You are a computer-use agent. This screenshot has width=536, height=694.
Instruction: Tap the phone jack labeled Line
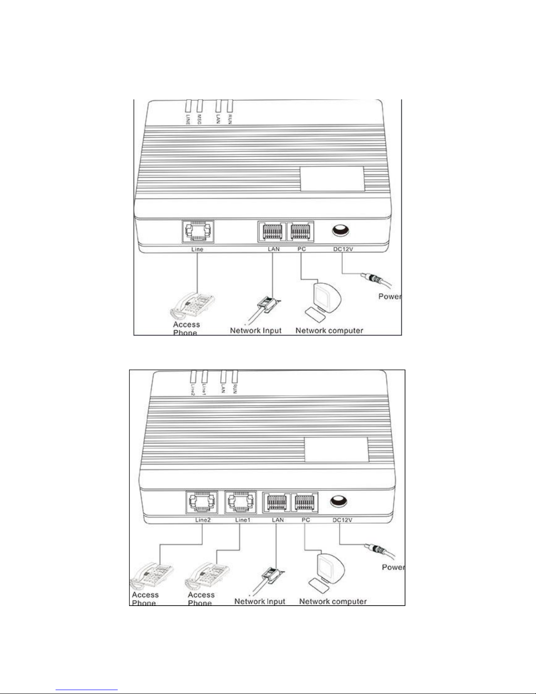[198, 232]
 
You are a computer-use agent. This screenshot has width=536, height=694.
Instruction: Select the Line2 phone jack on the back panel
[202, 502]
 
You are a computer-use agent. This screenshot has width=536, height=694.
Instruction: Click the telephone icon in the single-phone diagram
[193, 305]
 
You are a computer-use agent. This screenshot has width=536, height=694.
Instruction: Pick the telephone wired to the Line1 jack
[206, 577]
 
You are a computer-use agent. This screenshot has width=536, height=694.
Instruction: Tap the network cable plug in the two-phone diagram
[270, 576]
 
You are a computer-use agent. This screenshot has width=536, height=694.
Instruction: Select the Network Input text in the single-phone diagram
[256, 330]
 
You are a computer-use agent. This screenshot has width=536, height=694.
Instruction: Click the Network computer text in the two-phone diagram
[333, 601]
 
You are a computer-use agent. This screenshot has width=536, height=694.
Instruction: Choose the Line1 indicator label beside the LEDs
[204, 388]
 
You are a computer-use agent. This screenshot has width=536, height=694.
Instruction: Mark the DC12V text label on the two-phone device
[342, 520]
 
